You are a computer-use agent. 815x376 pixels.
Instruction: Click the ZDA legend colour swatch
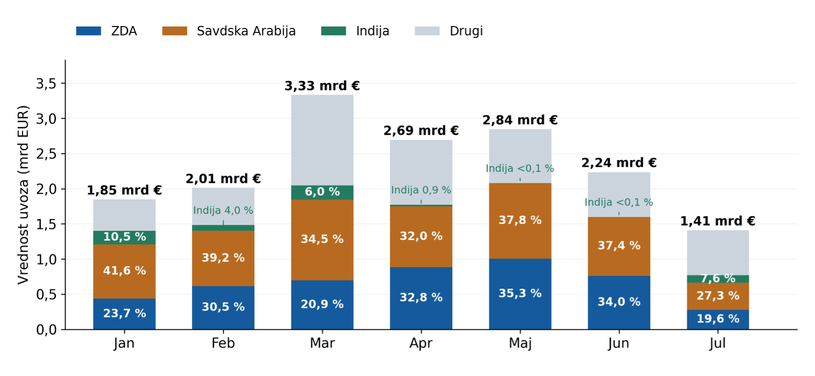88,31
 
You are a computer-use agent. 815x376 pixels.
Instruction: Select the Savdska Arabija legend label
246,31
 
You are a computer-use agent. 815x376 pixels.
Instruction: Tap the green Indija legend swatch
333,31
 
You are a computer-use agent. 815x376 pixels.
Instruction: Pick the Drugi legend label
466,31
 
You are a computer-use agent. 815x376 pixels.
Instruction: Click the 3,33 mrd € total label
322,86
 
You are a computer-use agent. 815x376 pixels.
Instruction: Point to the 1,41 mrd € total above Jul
717,221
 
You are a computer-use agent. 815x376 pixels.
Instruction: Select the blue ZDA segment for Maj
520,294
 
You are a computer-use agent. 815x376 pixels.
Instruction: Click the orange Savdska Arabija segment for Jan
124,271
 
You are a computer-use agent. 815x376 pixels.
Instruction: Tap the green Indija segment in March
322,192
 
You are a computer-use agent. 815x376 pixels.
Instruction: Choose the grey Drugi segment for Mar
322,140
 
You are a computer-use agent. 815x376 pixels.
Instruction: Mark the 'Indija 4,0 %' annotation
223,210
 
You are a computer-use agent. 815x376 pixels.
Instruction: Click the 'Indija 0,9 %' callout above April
421,190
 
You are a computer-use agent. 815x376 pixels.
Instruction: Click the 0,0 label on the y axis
46,329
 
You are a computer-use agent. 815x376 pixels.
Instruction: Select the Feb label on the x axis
223,343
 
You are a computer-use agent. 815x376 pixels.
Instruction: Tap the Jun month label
619,344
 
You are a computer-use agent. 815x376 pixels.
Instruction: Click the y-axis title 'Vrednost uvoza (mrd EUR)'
23,194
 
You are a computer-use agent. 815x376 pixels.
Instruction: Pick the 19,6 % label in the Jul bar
717,319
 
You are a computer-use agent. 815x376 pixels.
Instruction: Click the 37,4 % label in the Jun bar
619,245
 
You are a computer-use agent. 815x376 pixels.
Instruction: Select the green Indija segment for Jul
717,279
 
